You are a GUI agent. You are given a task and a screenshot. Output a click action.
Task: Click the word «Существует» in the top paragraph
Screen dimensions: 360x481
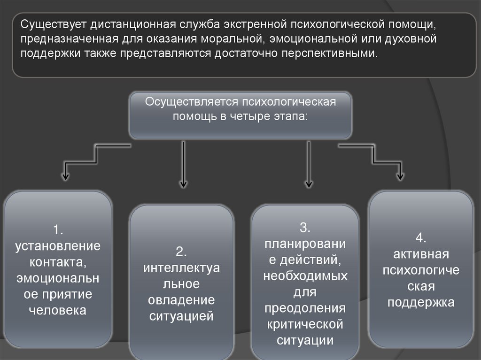(53, 24)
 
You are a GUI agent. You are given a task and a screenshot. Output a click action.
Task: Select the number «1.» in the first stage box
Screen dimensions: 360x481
(58, 230)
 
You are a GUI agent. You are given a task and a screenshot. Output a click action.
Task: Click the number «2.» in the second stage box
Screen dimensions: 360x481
(182, 251)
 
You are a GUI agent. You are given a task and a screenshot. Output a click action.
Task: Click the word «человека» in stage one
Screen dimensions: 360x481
(58, 310)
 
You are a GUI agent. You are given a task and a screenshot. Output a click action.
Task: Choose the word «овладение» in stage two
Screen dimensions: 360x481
(182, 300)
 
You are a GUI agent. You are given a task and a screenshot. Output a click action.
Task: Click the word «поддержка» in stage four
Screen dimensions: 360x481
(421, 302)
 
